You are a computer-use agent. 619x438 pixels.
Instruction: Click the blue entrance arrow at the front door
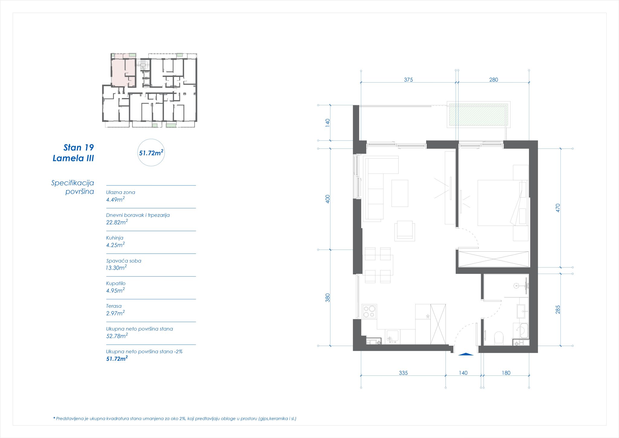pos(465,354)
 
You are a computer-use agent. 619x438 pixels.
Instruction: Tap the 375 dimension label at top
pos(408,80)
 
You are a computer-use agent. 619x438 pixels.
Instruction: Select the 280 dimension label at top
pos(493,80)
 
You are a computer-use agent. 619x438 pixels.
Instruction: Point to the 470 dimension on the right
pos(558,208)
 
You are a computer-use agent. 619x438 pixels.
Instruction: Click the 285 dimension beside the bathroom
pos(558,309)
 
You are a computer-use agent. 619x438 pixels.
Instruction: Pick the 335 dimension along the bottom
pos(403,373)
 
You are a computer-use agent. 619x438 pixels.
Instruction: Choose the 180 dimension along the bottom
pos(506,373)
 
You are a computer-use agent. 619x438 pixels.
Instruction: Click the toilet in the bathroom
pos(499,338)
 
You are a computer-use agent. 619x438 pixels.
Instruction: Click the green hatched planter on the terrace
pos(478,115)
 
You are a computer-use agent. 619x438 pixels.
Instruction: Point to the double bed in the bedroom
pos(499,203)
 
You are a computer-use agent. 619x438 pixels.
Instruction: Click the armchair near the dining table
pos(404,231)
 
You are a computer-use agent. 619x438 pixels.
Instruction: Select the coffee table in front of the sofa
pos(400,193)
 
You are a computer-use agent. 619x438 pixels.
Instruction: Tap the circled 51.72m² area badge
pos(151,153)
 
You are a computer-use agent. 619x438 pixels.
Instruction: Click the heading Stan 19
pos(79,148)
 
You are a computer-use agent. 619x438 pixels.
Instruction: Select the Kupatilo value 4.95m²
pos(115,291)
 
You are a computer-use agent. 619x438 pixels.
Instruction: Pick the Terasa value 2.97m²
pos(115,313)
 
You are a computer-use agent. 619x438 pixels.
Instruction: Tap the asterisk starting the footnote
pos(54,418)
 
